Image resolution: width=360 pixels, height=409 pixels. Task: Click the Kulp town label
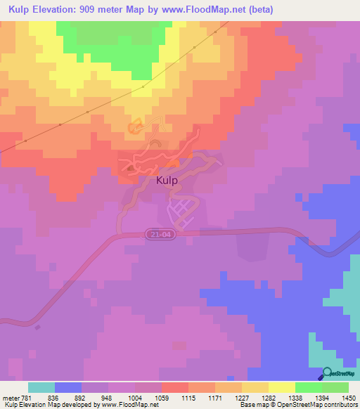(x=166, y=180)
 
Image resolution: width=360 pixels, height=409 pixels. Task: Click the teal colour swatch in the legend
(x=41, y=387)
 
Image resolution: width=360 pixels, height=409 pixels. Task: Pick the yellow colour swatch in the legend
(x=281, y=387)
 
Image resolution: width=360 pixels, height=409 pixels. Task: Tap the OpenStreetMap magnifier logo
(x=327, y=373)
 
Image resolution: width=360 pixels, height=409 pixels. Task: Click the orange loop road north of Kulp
(x=135, y=127)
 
